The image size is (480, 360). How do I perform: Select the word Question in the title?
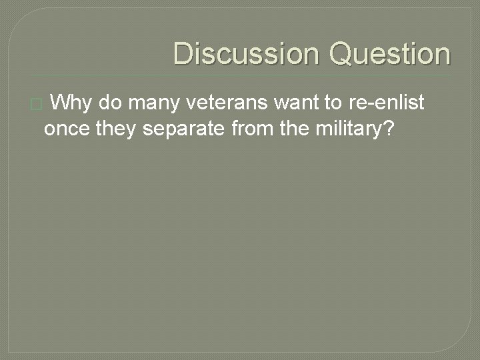pyautogui.click(x=390, y=54)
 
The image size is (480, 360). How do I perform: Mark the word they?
pyautogui.click(x=118, y=129)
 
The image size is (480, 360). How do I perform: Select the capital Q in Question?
pyautogui.click(x=342, y=54)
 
